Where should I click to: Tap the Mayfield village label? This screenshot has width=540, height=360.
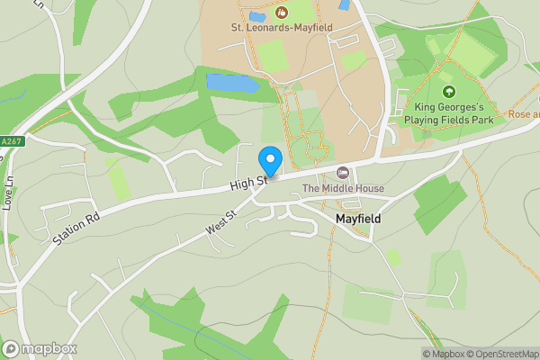tap(358, 219)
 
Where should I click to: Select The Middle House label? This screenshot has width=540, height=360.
tap(343, 188)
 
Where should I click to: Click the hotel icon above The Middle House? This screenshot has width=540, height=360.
tap(342, 173)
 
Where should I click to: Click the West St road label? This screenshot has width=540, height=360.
tap(220, 223)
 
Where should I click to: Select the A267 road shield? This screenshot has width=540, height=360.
tap(12, 141)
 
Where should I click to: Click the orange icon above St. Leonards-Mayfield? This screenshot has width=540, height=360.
tap(280, 13)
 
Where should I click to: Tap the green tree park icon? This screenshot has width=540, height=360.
tap(448, 91)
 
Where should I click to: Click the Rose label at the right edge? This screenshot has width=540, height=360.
tap(523, 114)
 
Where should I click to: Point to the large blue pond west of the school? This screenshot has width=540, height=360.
tap(231, 83)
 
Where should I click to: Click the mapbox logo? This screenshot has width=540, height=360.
tap(39, 348)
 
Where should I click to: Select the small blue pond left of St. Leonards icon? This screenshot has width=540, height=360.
tap(256, 16)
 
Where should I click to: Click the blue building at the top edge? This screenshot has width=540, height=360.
tap(343, 4)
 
